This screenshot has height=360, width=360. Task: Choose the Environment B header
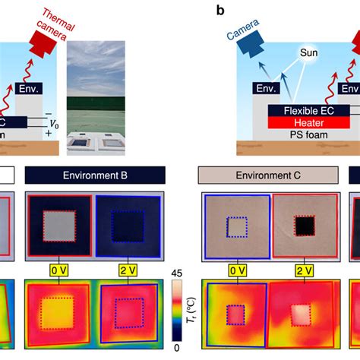point(94,176)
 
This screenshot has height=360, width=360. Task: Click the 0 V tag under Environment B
point(58,269)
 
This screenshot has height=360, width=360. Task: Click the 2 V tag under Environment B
point(124,269)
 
